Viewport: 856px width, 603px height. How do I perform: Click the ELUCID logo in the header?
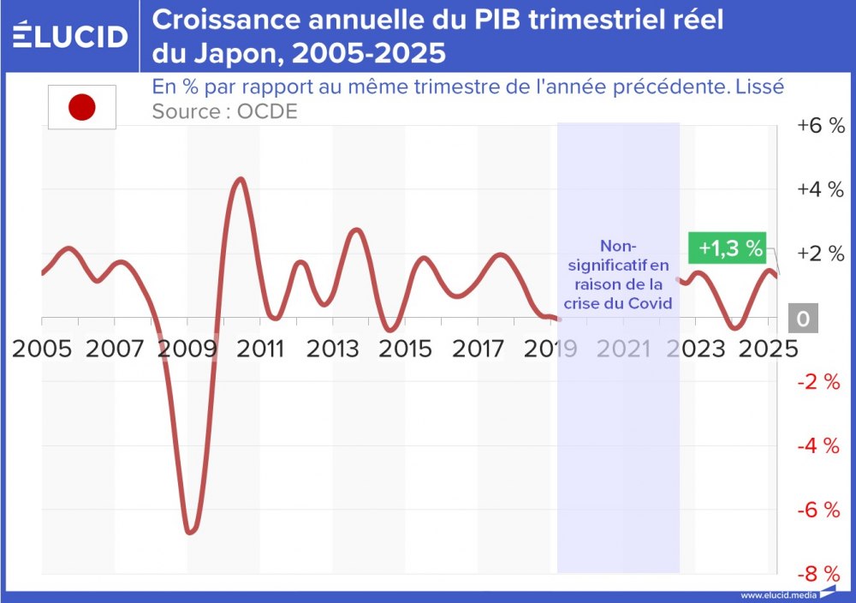70,36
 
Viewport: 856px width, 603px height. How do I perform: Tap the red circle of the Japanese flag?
81,108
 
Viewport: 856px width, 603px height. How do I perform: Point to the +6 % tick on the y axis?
820,125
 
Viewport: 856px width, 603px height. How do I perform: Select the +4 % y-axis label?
820,189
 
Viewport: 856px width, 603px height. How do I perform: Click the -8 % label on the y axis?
820,573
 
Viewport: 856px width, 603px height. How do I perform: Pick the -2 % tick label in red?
820,382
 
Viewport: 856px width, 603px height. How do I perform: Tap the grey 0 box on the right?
803,319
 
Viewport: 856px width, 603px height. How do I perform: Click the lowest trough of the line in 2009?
190,532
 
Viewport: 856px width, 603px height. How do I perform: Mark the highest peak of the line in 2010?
241,179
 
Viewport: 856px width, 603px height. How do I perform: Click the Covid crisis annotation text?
617,273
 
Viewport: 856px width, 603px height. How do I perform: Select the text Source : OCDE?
224,111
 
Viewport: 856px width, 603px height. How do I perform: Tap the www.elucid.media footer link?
777,594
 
